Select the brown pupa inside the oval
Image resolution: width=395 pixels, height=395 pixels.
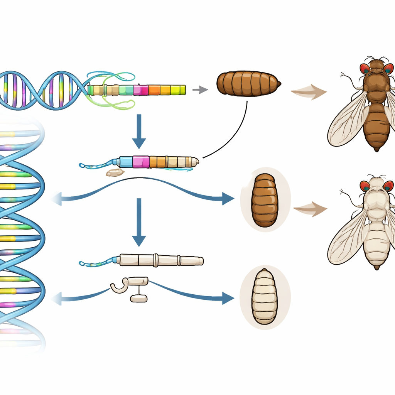[265, 200]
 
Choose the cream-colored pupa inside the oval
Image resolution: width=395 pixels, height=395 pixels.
[265, 296]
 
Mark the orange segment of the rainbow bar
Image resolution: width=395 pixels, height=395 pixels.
[154, 90]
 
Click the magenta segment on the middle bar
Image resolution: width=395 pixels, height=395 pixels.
[140, 162]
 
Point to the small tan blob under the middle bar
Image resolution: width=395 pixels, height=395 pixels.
[115, 172]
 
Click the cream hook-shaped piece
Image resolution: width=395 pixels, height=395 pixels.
[120, 285]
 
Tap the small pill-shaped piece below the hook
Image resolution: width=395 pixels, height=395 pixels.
[138, 299]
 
